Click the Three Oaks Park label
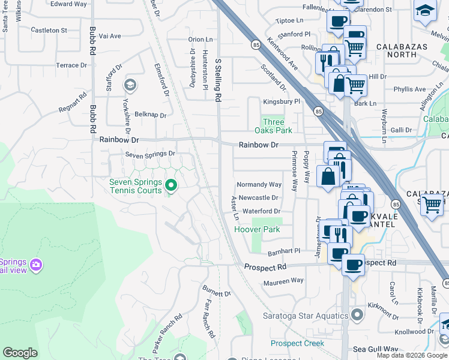click(x=277, y=126)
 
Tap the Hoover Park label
click(x=257, y=230)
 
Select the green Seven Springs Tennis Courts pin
click(x=171, y=185)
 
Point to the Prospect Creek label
click(x=297, y=343)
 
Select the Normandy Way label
click(x=259, y=185)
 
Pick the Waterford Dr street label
click(x=261, y=211)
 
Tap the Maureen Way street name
click(x=280, y=281)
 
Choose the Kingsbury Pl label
click(x=280, y=102)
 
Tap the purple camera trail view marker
click(x=36, y=264)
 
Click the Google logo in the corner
click(x=20, y=353)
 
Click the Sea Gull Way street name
click(x=375, y=349)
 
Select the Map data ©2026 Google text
click(x=412, y=355)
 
